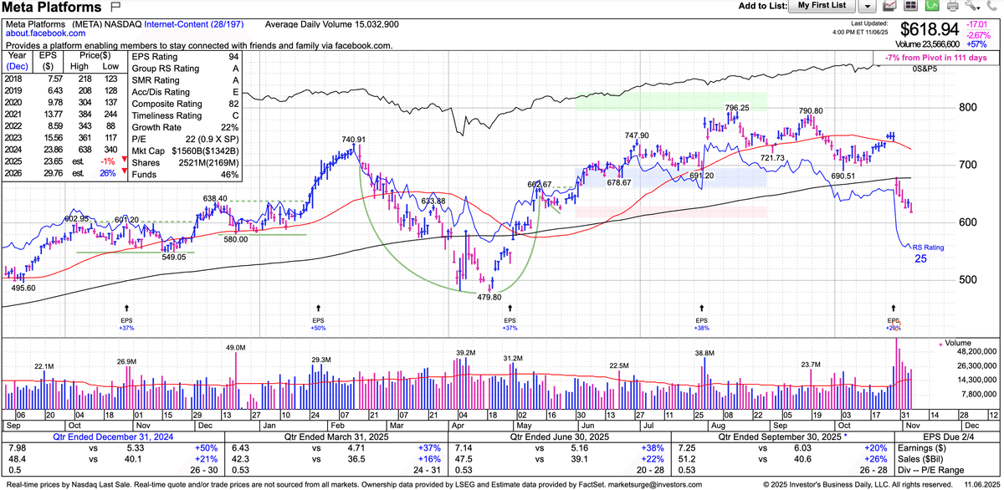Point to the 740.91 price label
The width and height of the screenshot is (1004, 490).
[x=354, y=139]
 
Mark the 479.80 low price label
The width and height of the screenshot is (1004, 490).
[x=489, y=297]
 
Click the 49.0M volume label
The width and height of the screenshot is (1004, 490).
[x=234, y=347]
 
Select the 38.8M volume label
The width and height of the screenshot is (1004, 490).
[x=704, y=354]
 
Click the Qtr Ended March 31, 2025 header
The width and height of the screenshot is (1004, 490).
[x=377, y=437]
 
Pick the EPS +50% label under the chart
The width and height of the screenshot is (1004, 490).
[x=318, y=329]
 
